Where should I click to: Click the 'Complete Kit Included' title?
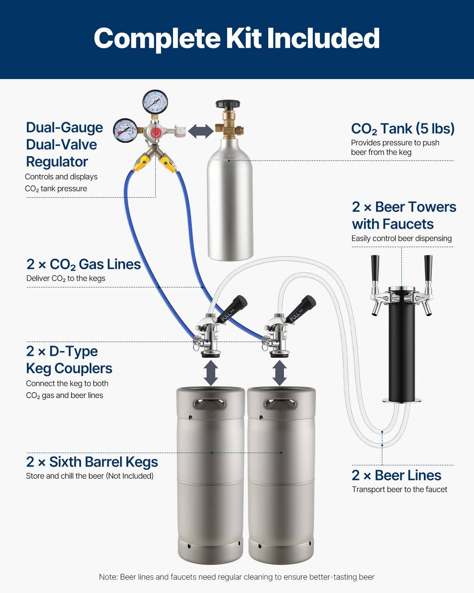click(x=237, y=38)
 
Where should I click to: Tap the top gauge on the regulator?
click(x=155, y=102)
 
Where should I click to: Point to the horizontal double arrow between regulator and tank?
click(x=201, y=131)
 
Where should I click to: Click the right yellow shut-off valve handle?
click(x=169, y=165)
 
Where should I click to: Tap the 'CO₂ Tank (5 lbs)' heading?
click(x=403, y=128)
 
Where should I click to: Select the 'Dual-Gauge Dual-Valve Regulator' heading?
click(x=64, y=144)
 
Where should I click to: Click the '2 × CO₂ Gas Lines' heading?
click(x=83, y=264)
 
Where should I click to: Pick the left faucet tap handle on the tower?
click(x=374, y=269)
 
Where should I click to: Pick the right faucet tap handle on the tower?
click(x=428, y=269)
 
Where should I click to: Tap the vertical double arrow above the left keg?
click(x=211, y=372)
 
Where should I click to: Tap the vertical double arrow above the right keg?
click(x=279, y=372)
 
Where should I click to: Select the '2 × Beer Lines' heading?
click(x=396, y=475)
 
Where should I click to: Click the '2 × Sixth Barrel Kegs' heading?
click(x=92, y=462)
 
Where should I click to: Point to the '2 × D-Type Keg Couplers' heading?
click(x=69, y=359)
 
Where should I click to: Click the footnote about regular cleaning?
click(x=237, y=577)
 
